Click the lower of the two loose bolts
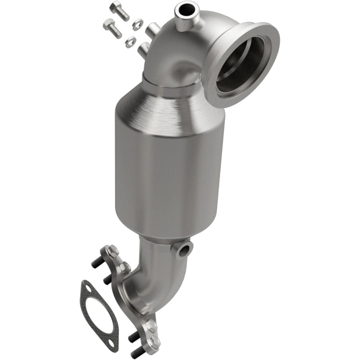click(x=112, y=27)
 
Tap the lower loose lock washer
click(x=130, y=41)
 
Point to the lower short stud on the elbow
click(x=142, y=48)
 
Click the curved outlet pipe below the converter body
click(x=155, y=270)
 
